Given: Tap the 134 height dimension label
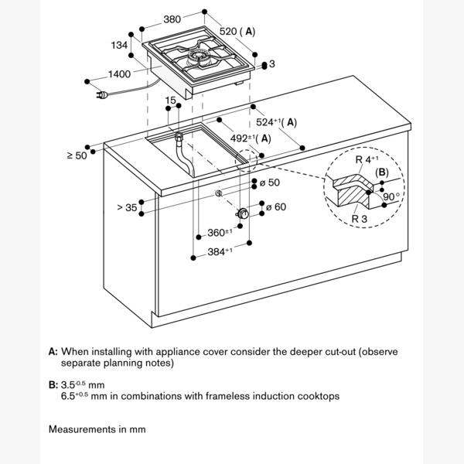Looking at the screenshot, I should [x=118, y=46].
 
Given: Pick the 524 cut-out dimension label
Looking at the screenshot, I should [x=275, y=122].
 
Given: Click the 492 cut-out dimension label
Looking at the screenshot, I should [x=248, y=138].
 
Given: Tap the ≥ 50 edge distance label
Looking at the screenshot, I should [x=77, y=155].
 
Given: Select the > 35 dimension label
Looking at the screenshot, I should [x=126, y=206].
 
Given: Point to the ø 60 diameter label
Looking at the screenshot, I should [x=276, y=206].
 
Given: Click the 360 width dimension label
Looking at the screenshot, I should [x=220, y=232].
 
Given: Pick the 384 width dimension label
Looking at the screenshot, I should [x=220, y=252].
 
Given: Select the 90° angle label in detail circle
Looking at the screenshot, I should [x=393, y=197].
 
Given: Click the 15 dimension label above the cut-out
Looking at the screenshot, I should [x=170, y=101].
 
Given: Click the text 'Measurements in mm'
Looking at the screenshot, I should [x=97, y=428].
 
